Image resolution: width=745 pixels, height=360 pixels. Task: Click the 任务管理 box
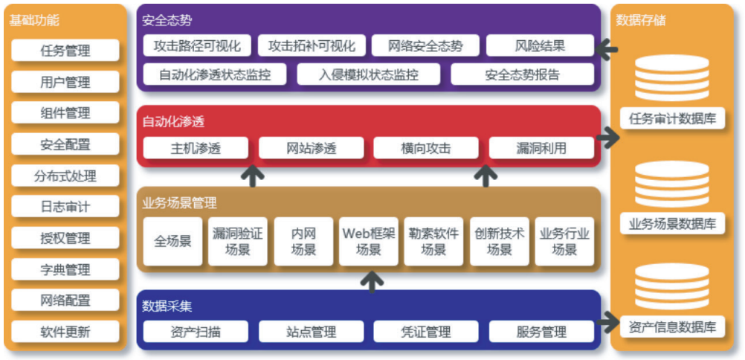[65, 51]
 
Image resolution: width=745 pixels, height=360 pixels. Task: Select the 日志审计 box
[65, 207]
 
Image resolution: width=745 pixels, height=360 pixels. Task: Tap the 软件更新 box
[65, 332]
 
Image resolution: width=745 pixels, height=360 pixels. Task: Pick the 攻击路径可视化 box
[197, 46]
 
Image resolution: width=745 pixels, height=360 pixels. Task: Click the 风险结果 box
[540, 46]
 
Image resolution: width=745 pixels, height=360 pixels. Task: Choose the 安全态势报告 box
[522, 74]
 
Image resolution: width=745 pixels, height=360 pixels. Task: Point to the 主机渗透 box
[196, 148]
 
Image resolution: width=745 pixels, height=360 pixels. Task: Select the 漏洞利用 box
[541, 148]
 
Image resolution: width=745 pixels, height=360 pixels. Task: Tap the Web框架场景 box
[370, 242]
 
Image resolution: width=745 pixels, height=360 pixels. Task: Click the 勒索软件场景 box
[434, 242]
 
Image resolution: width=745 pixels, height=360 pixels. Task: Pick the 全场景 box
[172, 242]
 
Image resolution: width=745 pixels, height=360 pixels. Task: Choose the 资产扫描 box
[196, 332]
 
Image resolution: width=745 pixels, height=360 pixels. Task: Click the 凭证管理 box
[426, 332]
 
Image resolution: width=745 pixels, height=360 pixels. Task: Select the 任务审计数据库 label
[672, 118]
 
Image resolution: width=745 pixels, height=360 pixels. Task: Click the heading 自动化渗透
[173, 120]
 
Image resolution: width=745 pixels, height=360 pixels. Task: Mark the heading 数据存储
[641, 20]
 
